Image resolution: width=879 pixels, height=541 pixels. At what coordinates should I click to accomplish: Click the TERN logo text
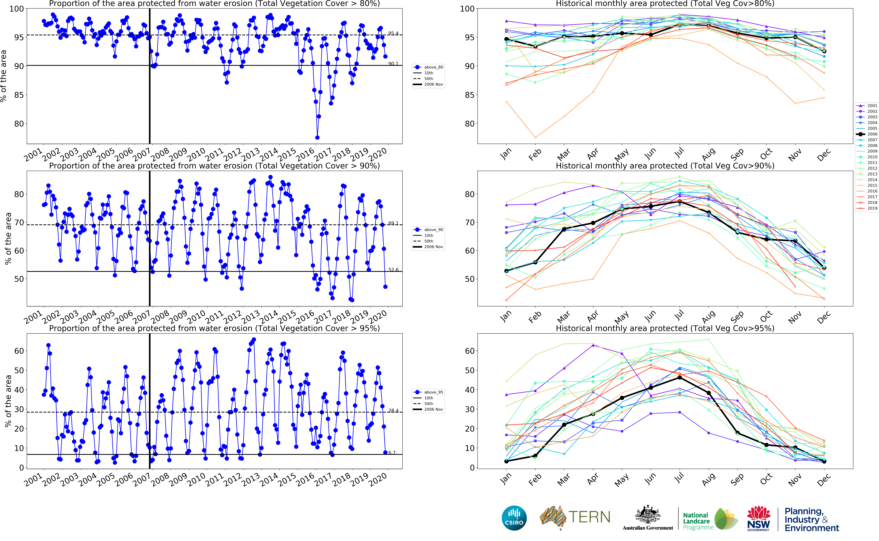pyautogui.click(x=589, y=517)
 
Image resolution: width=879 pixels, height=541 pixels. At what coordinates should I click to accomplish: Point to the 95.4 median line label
pyautogui.click(x=393, y=33)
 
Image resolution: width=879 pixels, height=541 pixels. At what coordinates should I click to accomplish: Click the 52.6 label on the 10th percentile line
pyautogui.click(x=393, y=270)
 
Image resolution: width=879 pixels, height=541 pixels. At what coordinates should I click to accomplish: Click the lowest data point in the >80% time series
pyautogui.click(x=317, y=137)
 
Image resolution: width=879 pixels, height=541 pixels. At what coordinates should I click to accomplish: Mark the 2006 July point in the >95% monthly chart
pyautogui.click(x=680, y=378)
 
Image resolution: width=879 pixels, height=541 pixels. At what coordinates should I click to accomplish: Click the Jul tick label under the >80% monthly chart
pyautogui.click(x=679, y=153)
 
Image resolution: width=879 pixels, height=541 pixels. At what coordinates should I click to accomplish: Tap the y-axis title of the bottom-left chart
pyautogui.click(x=8, y=401)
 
